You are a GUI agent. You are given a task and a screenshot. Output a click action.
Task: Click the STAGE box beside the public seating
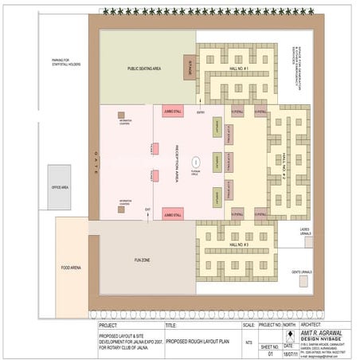(189, 68)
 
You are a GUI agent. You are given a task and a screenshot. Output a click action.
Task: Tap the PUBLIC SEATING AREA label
(144, 68)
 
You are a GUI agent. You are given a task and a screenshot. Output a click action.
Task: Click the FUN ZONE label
(142, 260)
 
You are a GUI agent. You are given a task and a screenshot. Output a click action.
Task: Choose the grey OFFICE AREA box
(59, 187)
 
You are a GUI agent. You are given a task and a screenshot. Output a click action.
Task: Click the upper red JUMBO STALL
(173, 112)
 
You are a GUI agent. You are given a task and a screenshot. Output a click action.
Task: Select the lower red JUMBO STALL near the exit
(173, 214)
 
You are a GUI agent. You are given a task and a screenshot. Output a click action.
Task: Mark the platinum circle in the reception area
(196, 162)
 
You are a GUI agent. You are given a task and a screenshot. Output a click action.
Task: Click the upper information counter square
(121, 115)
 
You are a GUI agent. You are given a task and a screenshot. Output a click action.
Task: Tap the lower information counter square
(121, 209)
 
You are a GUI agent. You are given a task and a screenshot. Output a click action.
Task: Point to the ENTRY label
(201, 112)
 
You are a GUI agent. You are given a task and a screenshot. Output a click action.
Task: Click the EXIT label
(147, 209)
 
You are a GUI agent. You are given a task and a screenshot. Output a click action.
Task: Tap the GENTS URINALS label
(301, 272)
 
